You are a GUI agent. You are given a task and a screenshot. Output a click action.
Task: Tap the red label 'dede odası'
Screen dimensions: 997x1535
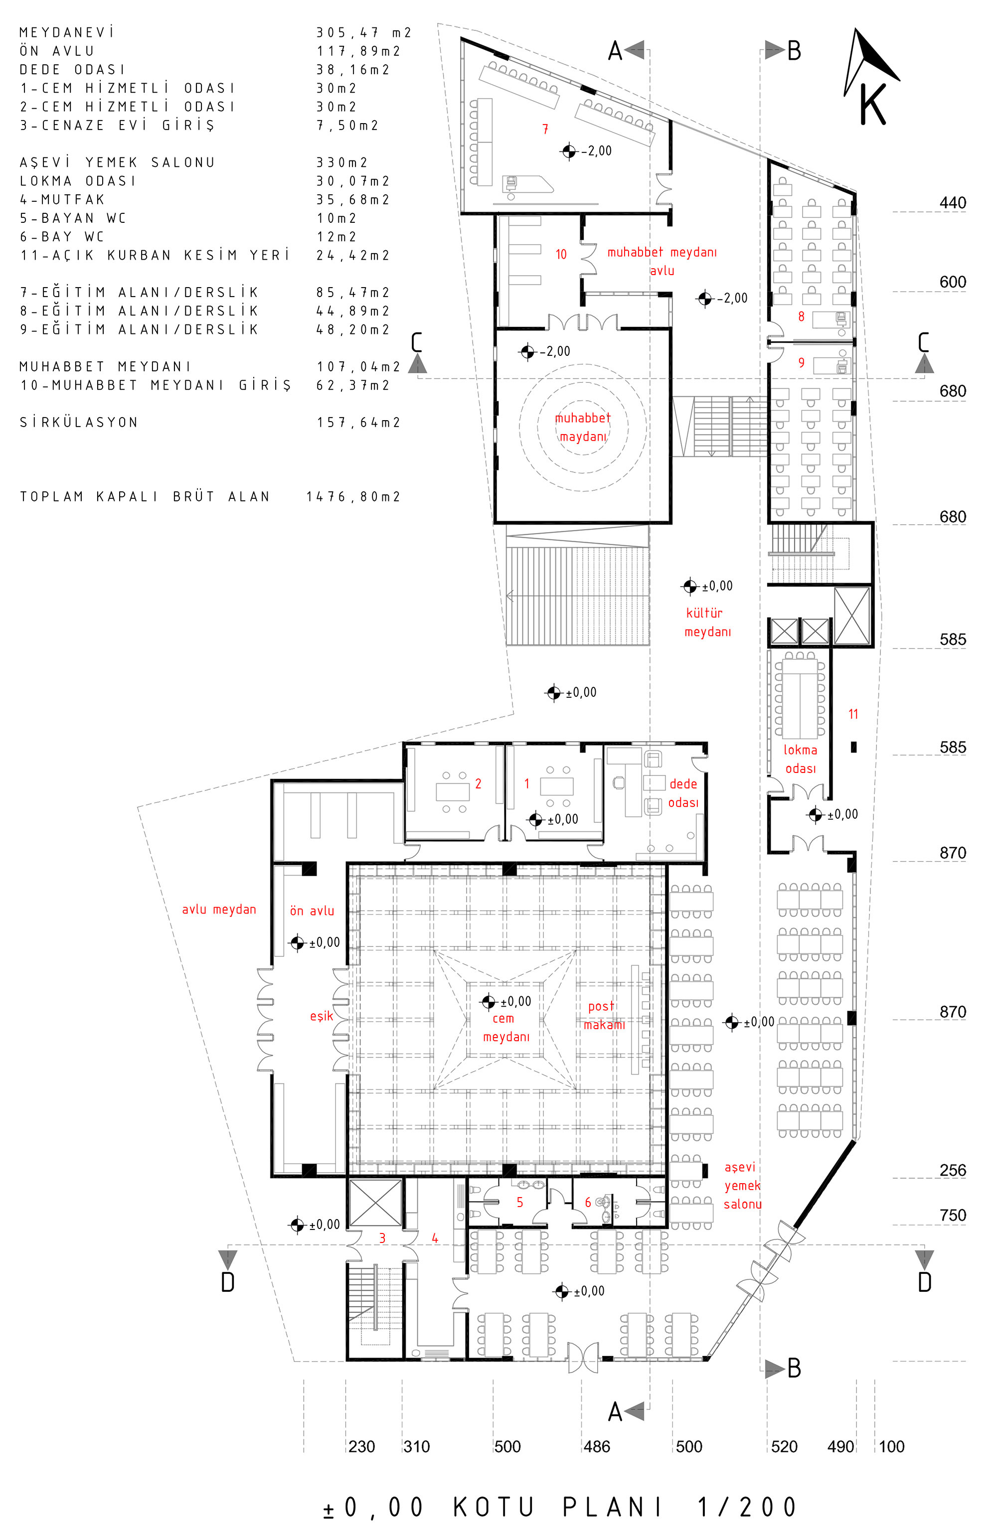(x=683, y=792)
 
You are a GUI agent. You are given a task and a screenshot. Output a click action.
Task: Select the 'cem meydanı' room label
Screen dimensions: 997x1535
(x=506, y=1028)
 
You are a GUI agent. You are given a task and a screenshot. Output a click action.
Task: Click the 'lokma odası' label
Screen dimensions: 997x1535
(x=800, y=759)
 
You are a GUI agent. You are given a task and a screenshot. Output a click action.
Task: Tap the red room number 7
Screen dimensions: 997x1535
(x=545, y=129)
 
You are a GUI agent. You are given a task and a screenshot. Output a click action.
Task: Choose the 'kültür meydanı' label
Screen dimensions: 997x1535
(x=707, y=622)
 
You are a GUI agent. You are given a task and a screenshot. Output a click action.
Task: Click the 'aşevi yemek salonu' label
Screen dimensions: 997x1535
(x=742, y=1186)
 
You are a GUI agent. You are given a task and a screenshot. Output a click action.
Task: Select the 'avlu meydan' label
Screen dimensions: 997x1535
(x=219, y=910)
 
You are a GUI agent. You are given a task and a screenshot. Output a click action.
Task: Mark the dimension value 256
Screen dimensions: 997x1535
(x=953, y=1170)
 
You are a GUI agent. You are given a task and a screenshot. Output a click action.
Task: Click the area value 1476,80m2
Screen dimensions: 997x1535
(x=353, y=496)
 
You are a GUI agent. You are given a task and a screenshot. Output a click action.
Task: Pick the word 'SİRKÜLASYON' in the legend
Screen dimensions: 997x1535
(x=79, y=423)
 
